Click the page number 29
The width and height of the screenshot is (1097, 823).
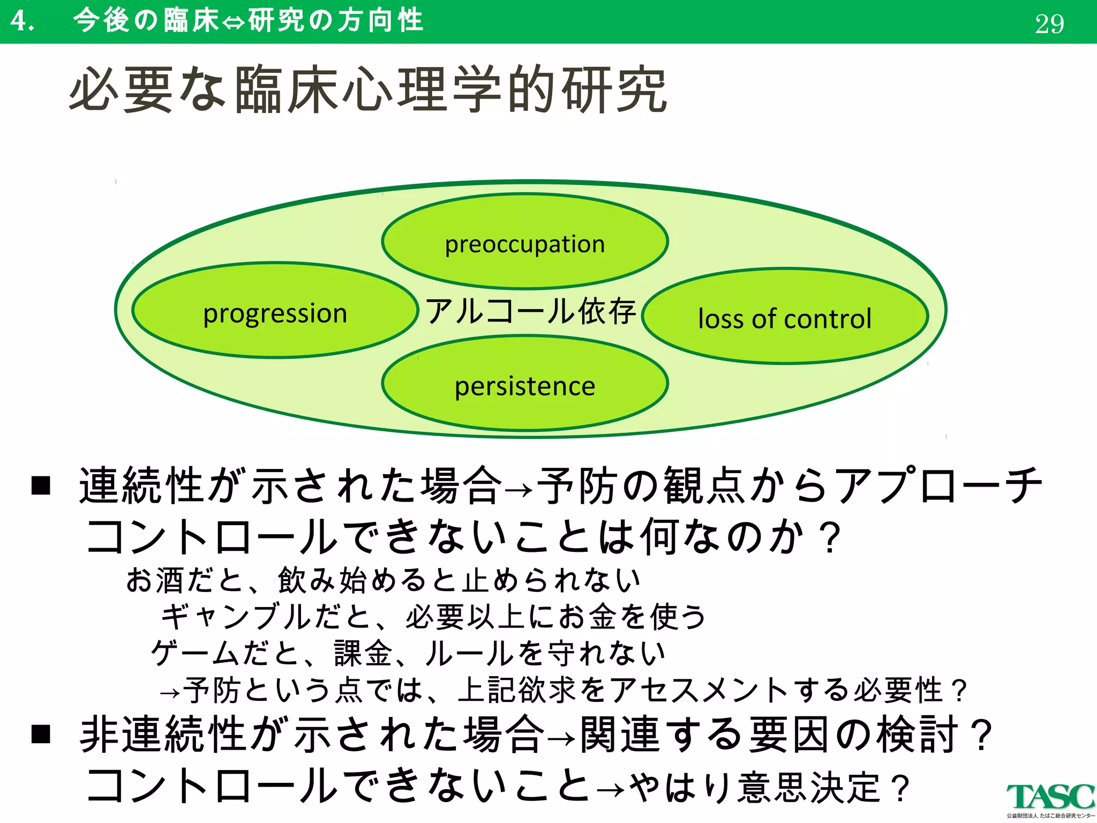click(x=1049, y=24)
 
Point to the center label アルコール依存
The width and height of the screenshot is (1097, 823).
click(x=530, y=311)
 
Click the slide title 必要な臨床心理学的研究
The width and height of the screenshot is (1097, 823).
click(x=369, y=90)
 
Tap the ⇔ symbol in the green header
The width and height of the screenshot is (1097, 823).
click(x=233, y=23)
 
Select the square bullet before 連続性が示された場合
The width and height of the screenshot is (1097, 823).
click(x=41, y=485)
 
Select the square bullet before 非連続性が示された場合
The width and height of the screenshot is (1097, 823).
click(x=41, y=734)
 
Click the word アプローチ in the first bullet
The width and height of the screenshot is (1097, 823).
click(x=937, y=485)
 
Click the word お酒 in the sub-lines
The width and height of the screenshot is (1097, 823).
click(x=155, y=580)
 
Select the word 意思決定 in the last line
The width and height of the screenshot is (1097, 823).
click(x=809, y=788)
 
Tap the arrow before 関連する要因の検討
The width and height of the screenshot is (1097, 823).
click(x=562, y=738)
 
